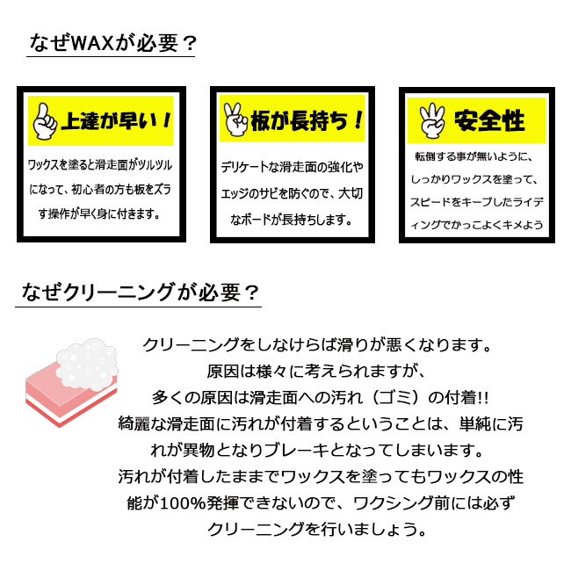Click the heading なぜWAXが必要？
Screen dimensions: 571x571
point(112,42)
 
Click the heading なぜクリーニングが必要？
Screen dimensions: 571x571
point(139,291)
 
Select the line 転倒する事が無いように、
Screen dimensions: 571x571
point(474,155)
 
